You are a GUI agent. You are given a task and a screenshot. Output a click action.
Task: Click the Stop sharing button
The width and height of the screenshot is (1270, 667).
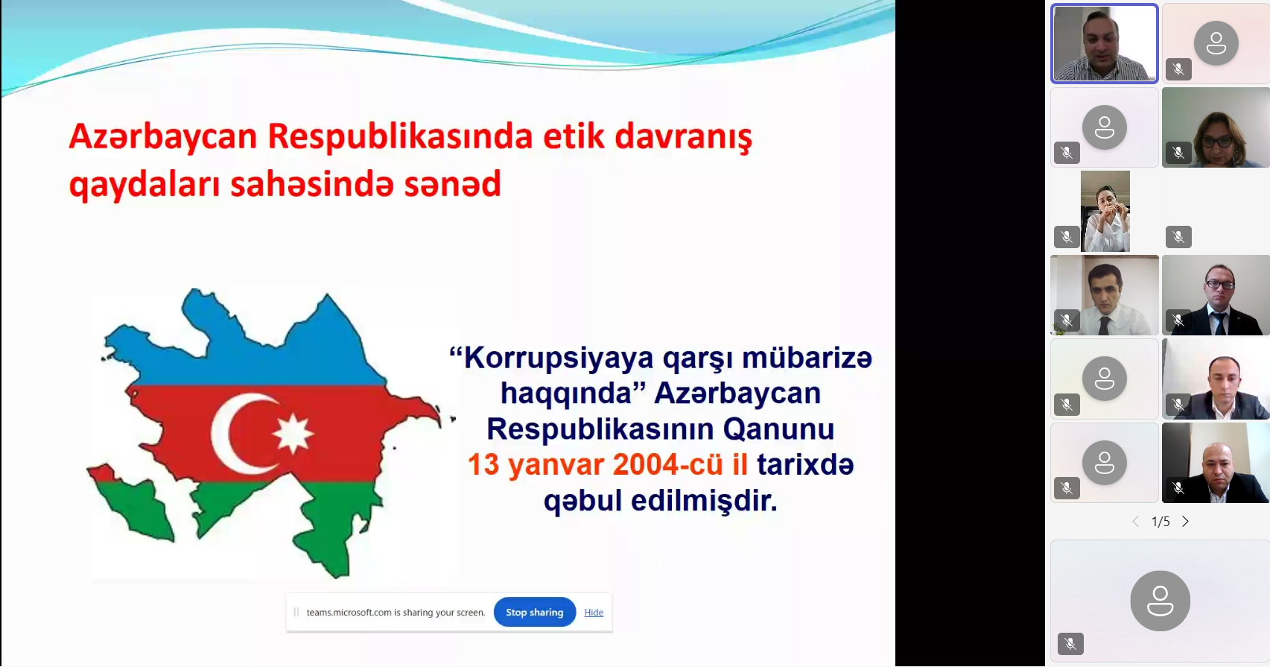click(535, 612)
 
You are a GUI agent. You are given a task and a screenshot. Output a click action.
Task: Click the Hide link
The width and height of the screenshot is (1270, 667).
click(594, 612)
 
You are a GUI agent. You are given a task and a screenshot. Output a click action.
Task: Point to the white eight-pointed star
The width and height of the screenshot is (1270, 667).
click(293, 433)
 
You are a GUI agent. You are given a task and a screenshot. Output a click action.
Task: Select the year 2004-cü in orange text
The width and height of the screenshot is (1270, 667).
click(668, 465)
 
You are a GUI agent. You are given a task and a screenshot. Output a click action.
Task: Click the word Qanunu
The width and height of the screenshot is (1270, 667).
click(778, 429)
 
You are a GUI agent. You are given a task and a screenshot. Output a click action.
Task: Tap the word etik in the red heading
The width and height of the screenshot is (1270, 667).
click(574, 136)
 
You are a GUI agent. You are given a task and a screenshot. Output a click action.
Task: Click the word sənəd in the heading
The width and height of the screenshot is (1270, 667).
click(452, 184)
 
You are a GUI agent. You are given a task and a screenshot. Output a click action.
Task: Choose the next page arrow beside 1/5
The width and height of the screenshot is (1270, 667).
click(1185, 522)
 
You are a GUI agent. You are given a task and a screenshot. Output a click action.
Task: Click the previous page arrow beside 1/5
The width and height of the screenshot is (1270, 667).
click(1136, 522)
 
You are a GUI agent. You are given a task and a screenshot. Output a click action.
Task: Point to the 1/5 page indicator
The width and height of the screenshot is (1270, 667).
click(1161, 522)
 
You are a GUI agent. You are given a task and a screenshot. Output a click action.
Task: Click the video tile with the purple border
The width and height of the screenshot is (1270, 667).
click(1105, 44)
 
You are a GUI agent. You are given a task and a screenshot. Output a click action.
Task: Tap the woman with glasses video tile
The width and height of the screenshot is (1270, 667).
click(1216, 127)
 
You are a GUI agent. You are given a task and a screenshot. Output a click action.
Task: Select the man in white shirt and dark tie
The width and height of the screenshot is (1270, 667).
click(1105, 295)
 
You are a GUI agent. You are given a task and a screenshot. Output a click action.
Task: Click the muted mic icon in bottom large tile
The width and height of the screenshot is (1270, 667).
click(1070, 644)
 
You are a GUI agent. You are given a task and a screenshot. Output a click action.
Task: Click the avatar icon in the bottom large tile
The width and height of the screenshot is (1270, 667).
click(1160, 601)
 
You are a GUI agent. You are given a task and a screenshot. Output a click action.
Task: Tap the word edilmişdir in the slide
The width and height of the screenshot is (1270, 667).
click(704, 501)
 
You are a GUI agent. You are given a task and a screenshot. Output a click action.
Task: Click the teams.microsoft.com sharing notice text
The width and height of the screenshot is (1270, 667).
click(396, 613)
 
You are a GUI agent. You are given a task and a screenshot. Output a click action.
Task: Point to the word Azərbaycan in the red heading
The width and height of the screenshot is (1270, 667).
click(163, 138)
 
